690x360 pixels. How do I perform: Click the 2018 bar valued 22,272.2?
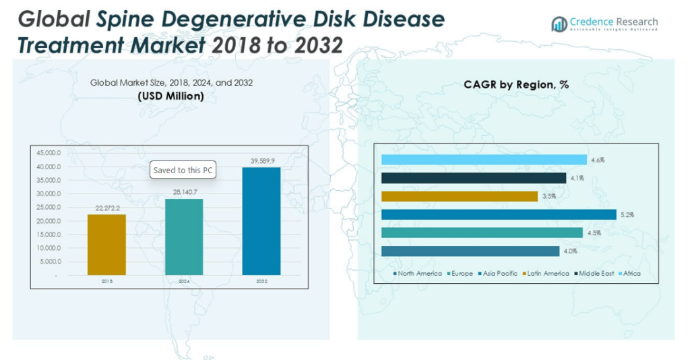pos(107,245)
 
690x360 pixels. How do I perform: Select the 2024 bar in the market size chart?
pos(184,237)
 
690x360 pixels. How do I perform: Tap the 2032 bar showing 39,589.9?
pos(261,221)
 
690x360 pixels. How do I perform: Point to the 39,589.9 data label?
pos(261,162)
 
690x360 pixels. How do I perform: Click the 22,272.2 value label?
pos(107,209)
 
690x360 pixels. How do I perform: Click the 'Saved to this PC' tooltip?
pos(183,171)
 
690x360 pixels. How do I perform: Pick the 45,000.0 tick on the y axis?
pos(47,153)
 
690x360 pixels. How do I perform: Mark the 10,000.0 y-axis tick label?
pos(47,248)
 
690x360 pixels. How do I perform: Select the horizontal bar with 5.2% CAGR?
pos(499,214)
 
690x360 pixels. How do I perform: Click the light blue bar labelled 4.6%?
pos(484,160)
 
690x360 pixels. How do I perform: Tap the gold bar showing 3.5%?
pos(460,196)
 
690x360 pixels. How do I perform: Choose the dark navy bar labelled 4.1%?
pos(474,178)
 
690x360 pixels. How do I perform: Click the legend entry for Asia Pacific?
pos(499,274)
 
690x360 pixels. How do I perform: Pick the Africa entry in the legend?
pos(631,274)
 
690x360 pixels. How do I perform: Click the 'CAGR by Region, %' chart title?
pos(516,85)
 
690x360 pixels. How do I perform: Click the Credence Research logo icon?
pos(559,25)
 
